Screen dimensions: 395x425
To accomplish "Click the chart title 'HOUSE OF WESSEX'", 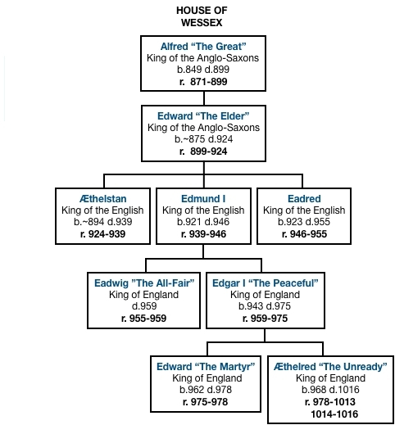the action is pyautogui.click(x=202, y=16).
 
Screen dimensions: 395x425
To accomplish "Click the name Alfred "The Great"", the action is pyautogui.click(x=203, y=47).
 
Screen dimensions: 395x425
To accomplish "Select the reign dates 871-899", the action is pyautogui.click(x=209, y=82).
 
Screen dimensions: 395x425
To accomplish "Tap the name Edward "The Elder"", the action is pyautogui.click(x=203, y=116).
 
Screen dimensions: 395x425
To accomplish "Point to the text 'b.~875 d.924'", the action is pyautogui.click(x=203, y=139).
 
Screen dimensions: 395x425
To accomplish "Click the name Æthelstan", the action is pyautogui.click(x=103, y=199).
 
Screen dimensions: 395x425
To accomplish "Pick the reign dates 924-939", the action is pyautogui.click(x=107, y=234).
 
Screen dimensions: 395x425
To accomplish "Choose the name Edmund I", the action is pyautogui.click(x=203, y=199).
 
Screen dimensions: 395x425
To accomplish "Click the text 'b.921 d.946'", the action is pyautogui.click(x=203, y=222).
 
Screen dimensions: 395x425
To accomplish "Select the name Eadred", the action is pyautogui.click(x=304, y=199).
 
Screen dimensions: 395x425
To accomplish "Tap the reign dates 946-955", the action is pyautogui.click(x=308, y=234).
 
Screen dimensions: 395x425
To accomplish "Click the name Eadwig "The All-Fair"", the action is pyautogui.click(x=144, y=283).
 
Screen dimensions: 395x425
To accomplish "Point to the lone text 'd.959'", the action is pyautogui.click(x=144, y=306).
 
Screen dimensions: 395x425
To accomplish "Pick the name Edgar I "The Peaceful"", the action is pyautogui.click(x=266, y=283).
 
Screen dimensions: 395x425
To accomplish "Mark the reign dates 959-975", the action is pyautogui.click(x=269, y=319).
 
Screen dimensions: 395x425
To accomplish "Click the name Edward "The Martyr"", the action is pyautogui.click(x=206, y=367).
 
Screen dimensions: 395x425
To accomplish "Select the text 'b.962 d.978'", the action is pyautogui.click(x=206, y=390).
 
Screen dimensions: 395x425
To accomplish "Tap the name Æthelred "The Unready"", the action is pyautogui.click(x=330, y=367).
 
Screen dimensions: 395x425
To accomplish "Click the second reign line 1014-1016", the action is pyautogui.click(x=334, y=414).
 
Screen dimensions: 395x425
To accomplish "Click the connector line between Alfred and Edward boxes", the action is pyautogui.click(x=204, y=98).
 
